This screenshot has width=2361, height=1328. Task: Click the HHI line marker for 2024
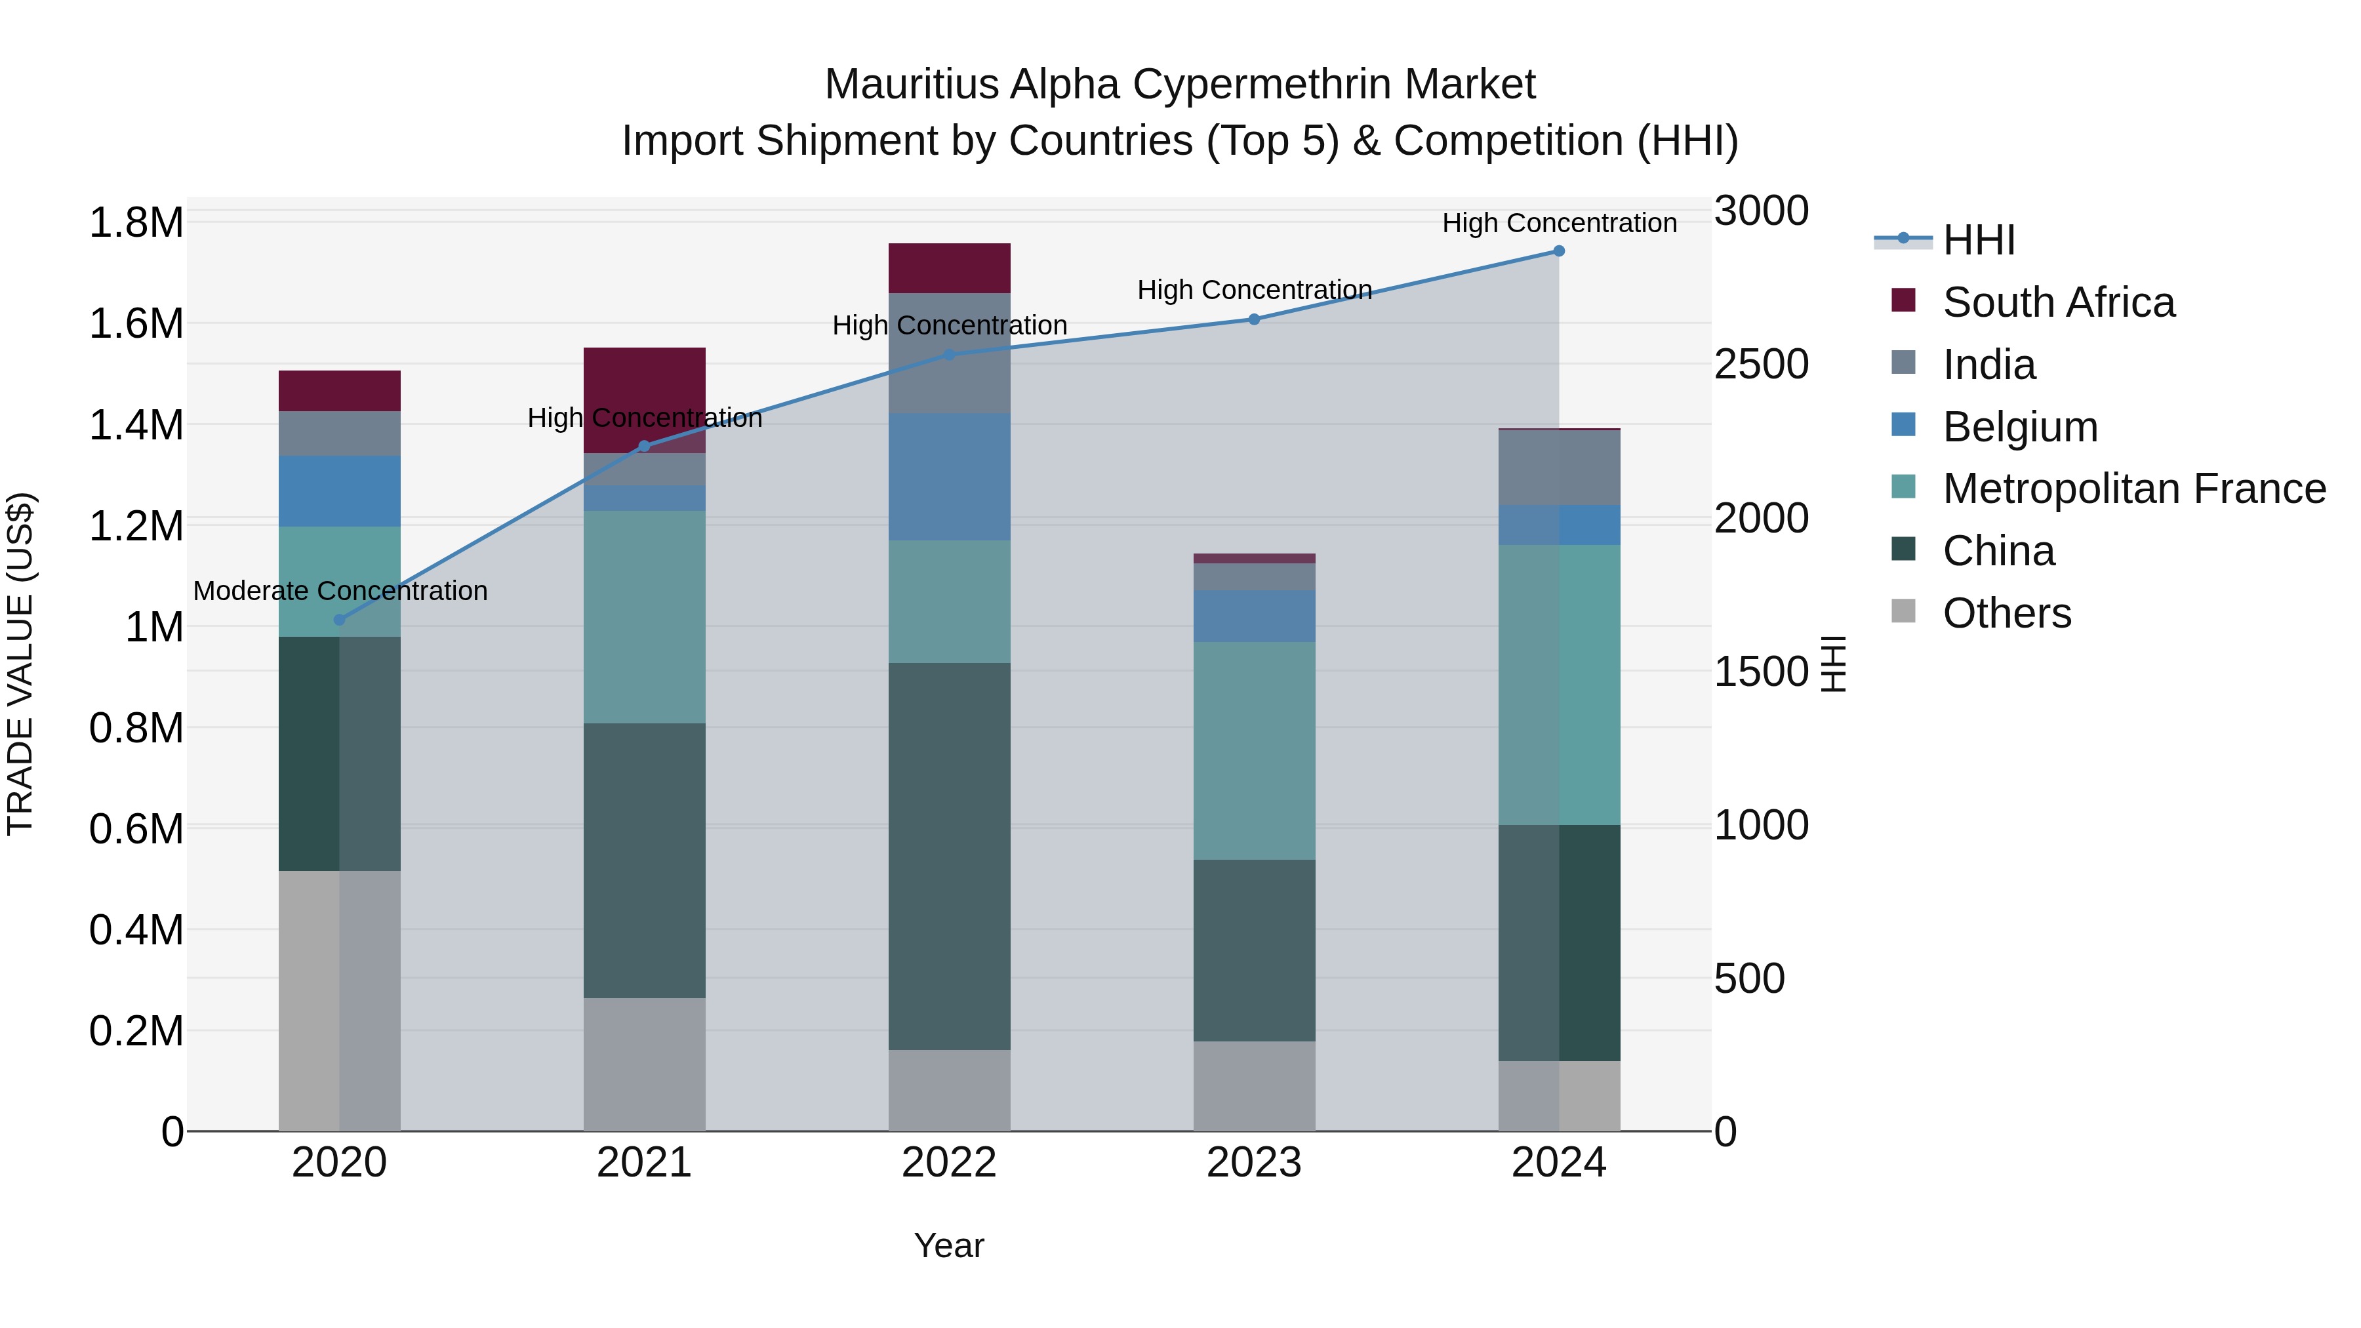click(1558, 251)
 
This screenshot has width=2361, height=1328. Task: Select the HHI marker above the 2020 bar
click(339, 620)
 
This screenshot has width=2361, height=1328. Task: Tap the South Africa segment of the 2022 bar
click(950, 268)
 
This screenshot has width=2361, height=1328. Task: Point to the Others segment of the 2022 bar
click(950, 1090)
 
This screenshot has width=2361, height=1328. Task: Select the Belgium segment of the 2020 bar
click(339, 491)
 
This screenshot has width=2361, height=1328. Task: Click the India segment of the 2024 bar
click(1558, 468)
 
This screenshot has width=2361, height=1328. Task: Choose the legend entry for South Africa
click(2057, 302)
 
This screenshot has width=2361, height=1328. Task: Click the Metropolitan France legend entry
click(2133, 489)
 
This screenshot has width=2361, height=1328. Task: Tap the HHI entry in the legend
click(1978, 240)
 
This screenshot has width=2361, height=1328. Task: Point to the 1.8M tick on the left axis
click(136, 223)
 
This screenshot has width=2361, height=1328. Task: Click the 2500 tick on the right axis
click(1761, 364)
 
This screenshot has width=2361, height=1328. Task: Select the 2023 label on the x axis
click(1254, 1163)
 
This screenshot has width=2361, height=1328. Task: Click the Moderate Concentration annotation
click(340, 591)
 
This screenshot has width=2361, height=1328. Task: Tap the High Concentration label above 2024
click(1559, 223)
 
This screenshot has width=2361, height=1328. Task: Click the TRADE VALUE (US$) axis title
click(20, 664)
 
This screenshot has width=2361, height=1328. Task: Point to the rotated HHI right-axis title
click(1833, 664)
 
